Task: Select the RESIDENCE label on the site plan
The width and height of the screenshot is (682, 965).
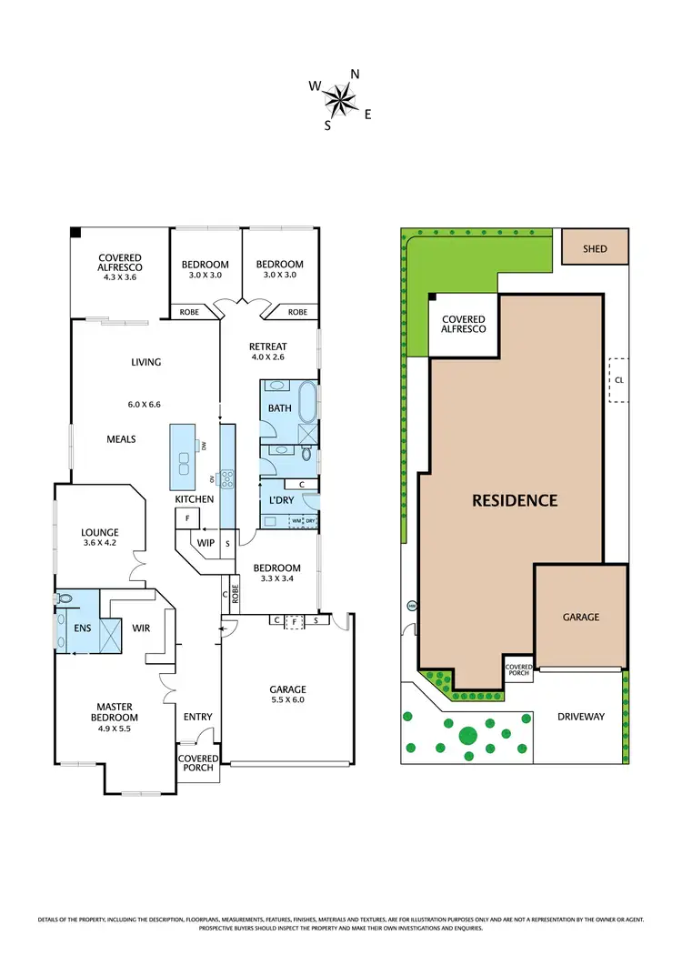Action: pyautogui.click(x=514, y=500)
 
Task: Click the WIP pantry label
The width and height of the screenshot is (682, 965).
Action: pyautogui.click(x=206, y=543)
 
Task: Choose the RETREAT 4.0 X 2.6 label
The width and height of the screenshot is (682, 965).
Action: pyautogui.click(x=268, y=352)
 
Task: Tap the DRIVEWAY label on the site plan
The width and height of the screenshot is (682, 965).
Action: pyautogui.click(x=581, y=717)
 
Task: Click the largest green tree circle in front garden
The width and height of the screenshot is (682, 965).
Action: pyautogui.click(x=467, y=735)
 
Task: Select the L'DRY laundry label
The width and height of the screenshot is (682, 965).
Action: pyautogui.click(x=280, y=502)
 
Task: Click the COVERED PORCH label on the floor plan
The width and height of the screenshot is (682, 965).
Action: pyautogui.click(x=197, y=763)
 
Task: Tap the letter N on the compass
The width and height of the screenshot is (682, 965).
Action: pyautogui.click(x=356, y=75)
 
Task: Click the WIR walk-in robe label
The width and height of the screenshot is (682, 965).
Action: pyautogui.click(x=141, y=628)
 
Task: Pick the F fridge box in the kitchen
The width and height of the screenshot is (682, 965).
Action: pyautogui.click(x=186, y=518)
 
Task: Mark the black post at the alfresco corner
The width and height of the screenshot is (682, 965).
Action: pyautogui.click(x=77, y=233)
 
